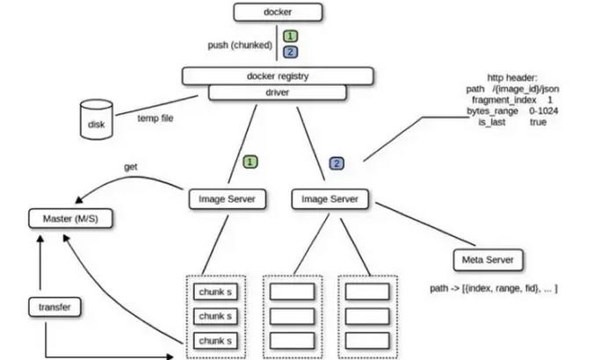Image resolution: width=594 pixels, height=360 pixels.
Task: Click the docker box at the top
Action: (x=278, y=12)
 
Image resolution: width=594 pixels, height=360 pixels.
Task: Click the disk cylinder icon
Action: (x=97, y=119)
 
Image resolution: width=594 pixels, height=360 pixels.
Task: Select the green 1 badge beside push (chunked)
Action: (x=289, y=36)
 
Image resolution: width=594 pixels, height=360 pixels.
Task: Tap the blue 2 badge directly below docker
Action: (x=289, y=52)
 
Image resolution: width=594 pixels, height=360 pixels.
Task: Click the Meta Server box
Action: (x=489, y=260)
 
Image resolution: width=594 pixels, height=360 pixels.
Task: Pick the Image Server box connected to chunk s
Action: (x=227, y=199)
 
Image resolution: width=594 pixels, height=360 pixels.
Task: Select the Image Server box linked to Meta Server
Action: (x=330, y=199)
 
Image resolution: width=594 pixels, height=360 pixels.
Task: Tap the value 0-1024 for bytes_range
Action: (x=544, y=112)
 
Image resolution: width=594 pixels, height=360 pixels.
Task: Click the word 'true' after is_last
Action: (x=539, y=123)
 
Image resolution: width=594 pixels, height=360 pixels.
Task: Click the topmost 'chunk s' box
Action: (x=215, y=291)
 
